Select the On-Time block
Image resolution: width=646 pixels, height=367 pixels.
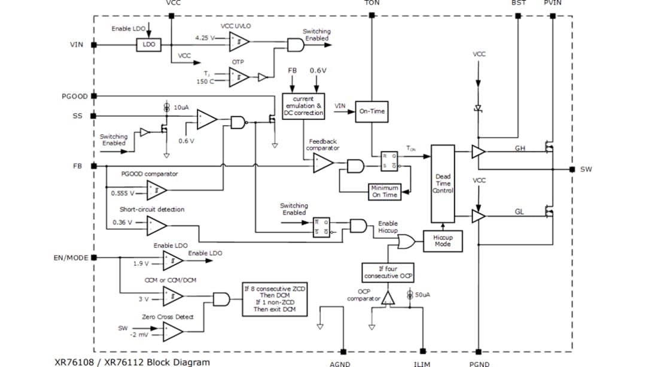point(371,111)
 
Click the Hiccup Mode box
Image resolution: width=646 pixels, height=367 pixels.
point(443,241)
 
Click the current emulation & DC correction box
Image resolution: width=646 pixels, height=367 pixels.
point(303,106)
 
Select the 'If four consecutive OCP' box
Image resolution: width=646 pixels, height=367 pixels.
point(388,272)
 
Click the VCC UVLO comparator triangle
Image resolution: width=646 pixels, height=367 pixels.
point(239,41)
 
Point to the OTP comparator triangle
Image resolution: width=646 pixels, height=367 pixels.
point(239,76)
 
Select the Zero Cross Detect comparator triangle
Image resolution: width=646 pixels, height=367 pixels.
point(173,330)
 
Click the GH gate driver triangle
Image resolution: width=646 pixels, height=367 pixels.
point(479,152)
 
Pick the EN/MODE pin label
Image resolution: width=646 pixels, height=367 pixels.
point(71,258)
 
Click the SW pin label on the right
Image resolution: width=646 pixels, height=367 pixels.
point(586,169)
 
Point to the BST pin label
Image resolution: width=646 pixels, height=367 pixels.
point(519,3)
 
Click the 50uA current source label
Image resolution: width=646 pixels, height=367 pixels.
point(422,296)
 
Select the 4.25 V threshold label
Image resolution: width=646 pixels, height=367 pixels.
point(205,37)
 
